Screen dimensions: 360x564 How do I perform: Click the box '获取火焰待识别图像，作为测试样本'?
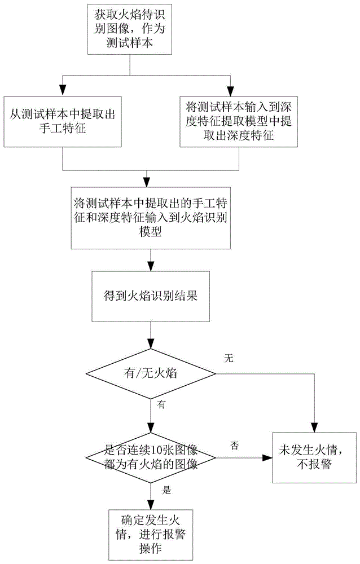pyautogui.click(x=130, y=29)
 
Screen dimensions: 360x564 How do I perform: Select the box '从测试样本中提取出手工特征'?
pyautogui.click(x=63, y=122)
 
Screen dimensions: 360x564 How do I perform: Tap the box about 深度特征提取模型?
pyautogui.click(x=239, y=122)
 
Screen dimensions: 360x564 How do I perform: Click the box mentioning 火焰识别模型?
pyautogui.click(x=151, y=218)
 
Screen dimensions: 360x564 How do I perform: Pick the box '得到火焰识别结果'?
pyautogui.click(x=151, y=297)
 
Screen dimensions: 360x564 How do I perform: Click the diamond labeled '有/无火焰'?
pyautogui.click(x=151, y=374)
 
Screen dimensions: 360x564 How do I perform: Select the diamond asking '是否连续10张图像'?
pyautogui.click(x=151, y=458)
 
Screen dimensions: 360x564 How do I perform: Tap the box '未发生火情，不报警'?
pyautogui.click(x=314, y=457)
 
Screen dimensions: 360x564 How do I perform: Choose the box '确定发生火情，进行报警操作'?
pyautogui.click(x=151, y=535)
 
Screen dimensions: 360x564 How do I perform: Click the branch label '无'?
pyautogui.click(x=229, y=358)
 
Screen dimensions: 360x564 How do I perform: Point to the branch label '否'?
pyautogui.click(x=234, y=446)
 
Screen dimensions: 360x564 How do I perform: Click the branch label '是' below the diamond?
pyautogui.click(x=166, y=490)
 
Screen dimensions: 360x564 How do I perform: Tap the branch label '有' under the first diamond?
pyautogui.click(x=161, y=404)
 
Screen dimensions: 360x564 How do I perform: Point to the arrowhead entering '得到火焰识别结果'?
pyautogui.click(x=151, y=266)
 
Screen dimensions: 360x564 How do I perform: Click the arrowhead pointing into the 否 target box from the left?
pyautogui.click(x=267, y=458)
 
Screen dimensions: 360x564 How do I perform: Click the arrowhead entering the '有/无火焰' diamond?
pyautogui.click(x=151, y=343)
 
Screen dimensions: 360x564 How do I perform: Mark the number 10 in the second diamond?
pyautogui.click(x=148, y=450)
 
